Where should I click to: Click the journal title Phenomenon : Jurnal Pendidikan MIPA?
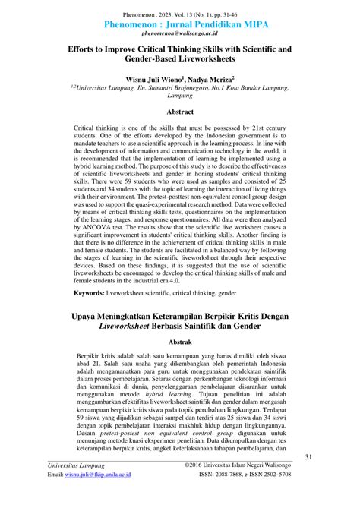pyautogui.click(x=180, y=23)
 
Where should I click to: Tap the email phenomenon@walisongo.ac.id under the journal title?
pyautogui.click(x=180, y=34)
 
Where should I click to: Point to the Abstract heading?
pyautogui.click(x=180, y=111)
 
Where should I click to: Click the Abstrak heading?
pyautogui.click(x=180, y=342)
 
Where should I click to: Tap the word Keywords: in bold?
pyautogui.click(x=94, y=292)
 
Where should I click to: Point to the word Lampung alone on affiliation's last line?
pyautogui.click(x=180, y=97)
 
